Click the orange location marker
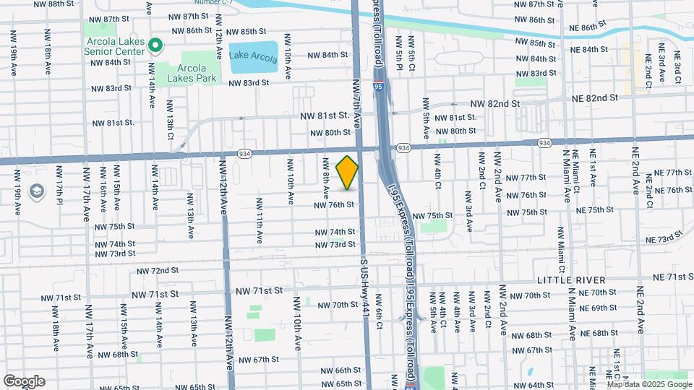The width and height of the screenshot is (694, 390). [x=348, y=173]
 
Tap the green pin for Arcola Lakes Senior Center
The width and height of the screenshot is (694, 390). [x=155, y=46]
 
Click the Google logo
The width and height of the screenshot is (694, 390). [x=24, y=381]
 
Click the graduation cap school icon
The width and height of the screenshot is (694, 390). [x=35, y=191]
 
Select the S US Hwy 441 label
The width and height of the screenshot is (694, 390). [x=364, y=289]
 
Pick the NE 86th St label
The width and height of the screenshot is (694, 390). [x=582, y=27]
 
